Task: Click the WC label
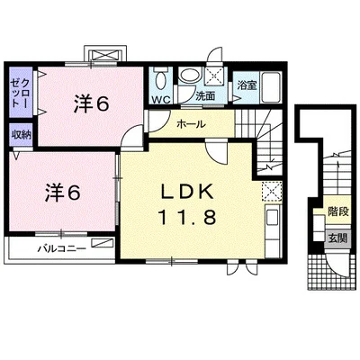[x=161, y=100]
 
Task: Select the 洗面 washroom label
[x=205, y=96]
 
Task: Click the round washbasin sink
[x=191, y=75]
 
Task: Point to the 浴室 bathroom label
[x=247, y=85]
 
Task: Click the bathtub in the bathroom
[x=272, y=87]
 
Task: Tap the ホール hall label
[x=191, y=124]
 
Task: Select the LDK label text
[x=187, y=192]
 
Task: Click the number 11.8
[x=187, y=217]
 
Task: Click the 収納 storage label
[x=22, y=135]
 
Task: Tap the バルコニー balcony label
[x=62, y=248]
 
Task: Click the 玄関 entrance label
[x=337, y=238]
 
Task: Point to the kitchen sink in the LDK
[x=273, y=217]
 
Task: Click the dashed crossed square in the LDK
[x=272, y=191]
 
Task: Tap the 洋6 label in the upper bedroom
[x=92, y=104]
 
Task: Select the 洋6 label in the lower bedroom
[x=63, y=193]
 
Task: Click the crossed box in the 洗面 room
[x=214, y=76]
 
